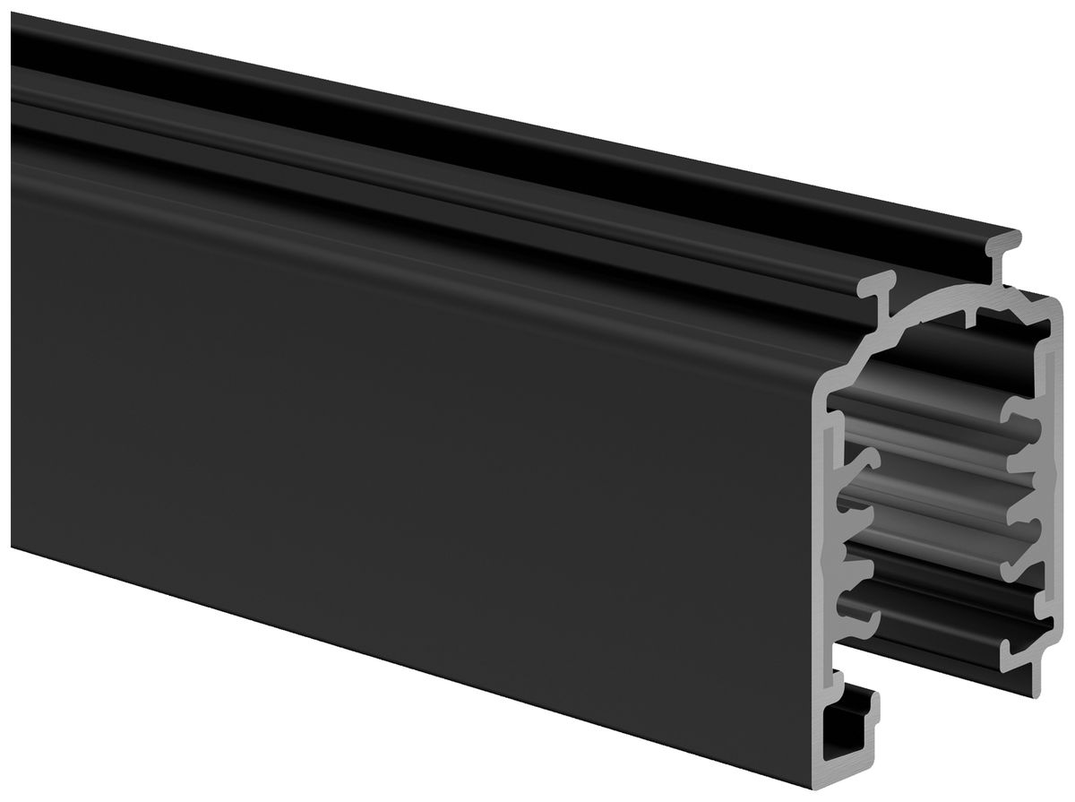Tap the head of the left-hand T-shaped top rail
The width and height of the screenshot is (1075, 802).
[x=882, y=288]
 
